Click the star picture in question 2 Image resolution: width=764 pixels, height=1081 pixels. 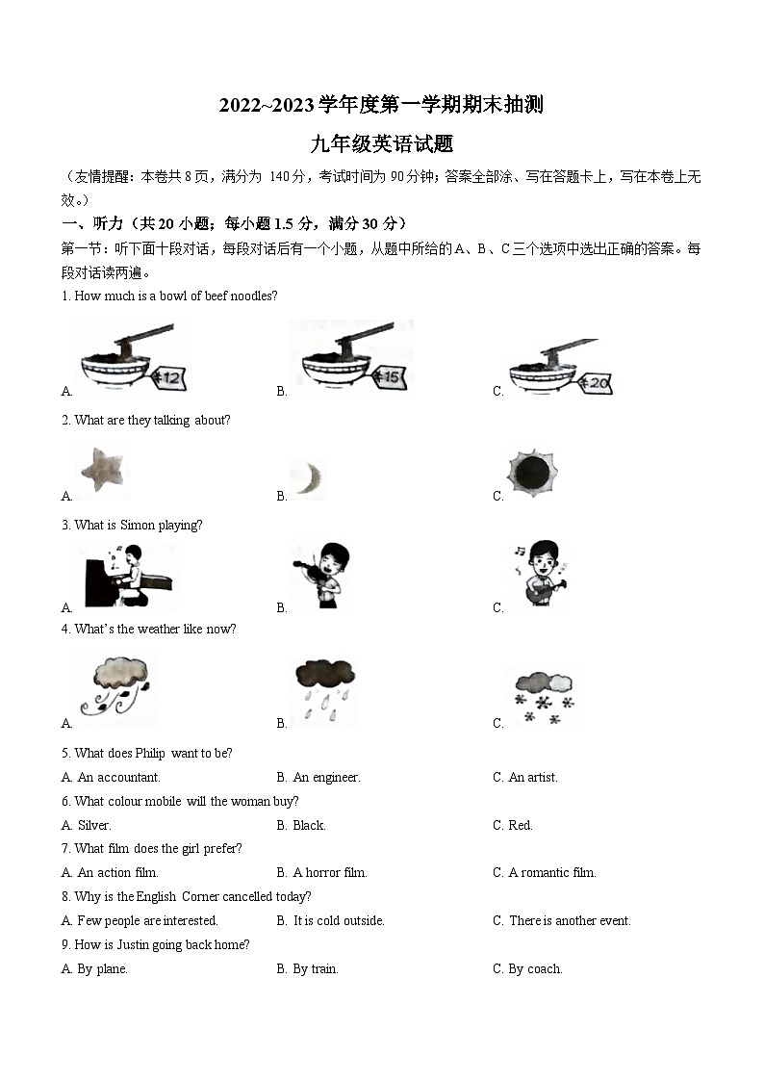pos(103,471)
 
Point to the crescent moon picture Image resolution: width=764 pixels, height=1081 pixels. pos(309,477)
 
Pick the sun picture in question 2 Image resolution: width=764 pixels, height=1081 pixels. pos(532,472)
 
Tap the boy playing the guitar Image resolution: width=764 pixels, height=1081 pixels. pos(544,574)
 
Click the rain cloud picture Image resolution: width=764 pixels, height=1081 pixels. pos(324,688)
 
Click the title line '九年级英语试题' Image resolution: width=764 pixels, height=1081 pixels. pos(381,144)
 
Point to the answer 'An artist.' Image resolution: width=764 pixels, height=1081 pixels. pos(533,777)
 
